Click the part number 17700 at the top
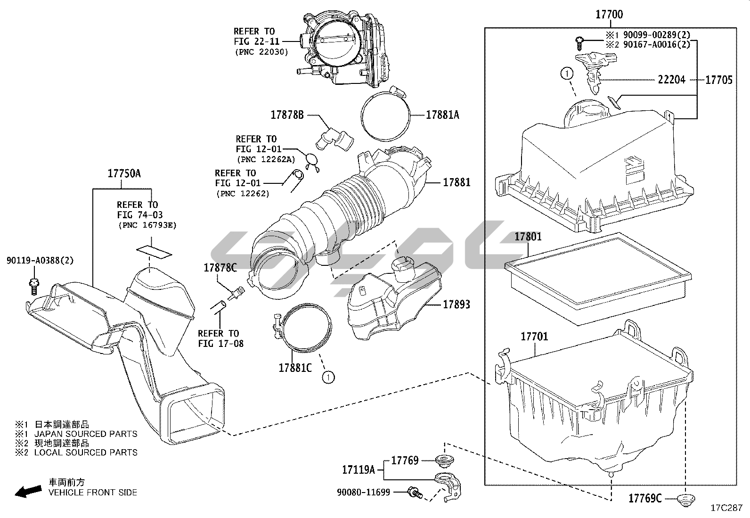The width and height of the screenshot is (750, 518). click(609, 15)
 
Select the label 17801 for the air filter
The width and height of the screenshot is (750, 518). click(528, 237)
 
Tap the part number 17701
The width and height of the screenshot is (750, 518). click(534, 337)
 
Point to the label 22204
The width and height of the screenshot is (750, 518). click(671, 80)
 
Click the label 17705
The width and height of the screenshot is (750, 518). click(718, 80)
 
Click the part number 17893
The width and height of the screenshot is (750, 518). click(456, 304)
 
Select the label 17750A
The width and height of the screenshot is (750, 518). click(124, 173)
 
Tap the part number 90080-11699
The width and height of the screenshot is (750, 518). click(363, 493)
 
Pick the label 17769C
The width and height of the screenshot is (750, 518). click(645, 498)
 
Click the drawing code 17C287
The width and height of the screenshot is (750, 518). click(726, 508)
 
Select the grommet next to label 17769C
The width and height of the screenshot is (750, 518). click(684, 499)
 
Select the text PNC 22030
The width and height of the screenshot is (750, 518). click(261, 52)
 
